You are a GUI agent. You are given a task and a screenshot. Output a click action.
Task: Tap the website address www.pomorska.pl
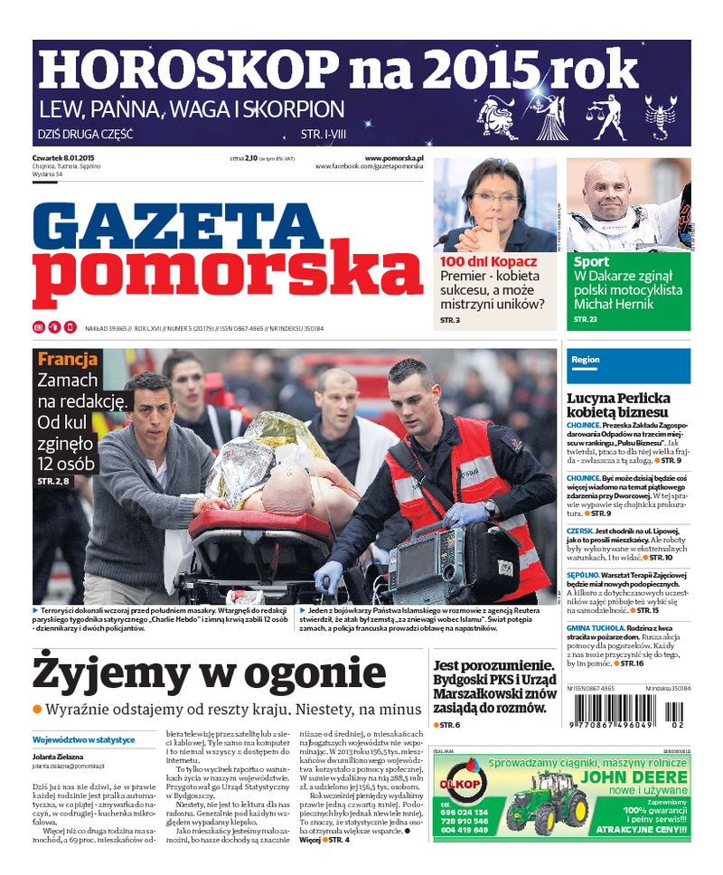pos(394,158)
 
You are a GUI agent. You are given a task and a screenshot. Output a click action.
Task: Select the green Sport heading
pos(591,262)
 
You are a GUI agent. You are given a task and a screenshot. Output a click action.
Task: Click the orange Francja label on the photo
pos(68,359)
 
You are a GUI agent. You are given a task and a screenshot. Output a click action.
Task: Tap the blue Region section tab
pos(586,359)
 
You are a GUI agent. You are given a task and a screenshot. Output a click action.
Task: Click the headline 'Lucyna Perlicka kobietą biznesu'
pos(618,404)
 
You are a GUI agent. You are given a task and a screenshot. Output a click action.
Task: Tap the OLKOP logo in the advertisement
pos(461,777)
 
